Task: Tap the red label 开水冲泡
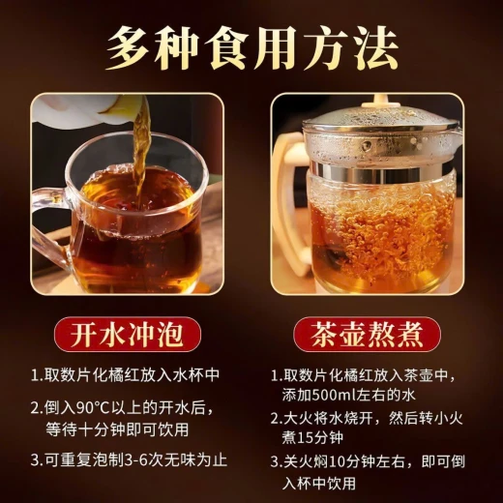click(x=127, y=335)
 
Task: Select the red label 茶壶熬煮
click(x=367, y=335)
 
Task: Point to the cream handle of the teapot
click(x=288, y=206)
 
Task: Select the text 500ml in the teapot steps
click(x=335, y=395)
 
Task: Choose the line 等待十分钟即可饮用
click(x=117, y=429)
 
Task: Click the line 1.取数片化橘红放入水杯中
click(x=125, y=375)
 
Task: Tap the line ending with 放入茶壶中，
click(x=364, y=375)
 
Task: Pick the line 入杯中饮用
click(x=319, y=483)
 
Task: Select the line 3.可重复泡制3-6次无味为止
click(x=129, y=460)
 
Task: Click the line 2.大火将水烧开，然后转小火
click(x=367, y=419)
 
